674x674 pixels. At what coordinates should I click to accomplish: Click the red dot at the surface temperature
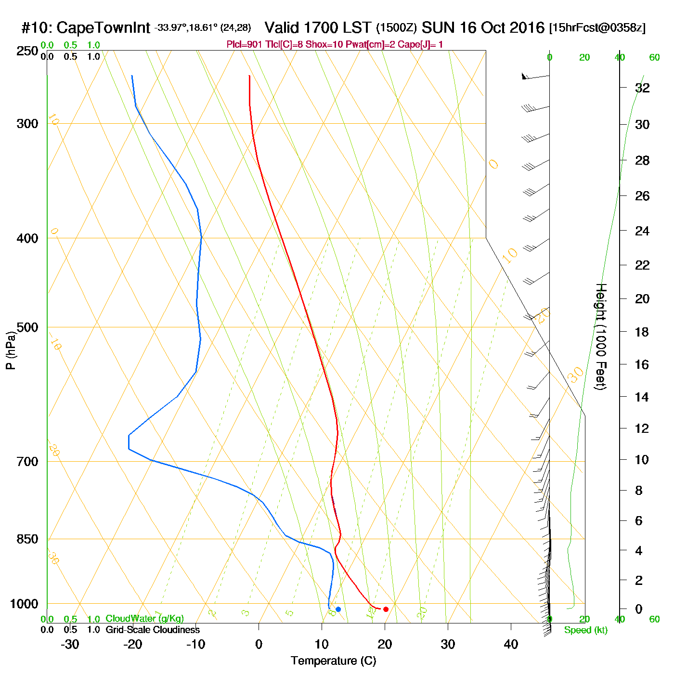click(x=386, y=609)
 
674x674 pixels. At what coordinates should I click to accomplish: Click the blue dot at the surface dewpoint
click(x=338, y=609)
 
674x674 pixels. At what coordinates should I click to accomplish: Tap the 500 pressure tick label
click(x=27, y=327)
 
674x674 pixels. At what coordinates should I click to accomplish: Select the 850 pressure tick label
click(x=27, y=539)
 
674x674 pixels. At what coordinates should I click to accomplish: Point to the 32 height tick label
click(x=642, y=88)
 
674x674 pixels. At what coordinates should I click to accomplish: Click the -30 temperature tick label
click(x=70, y=644)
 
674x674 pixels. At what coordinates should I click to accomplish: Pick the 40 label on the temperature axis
click(x=511, y=644)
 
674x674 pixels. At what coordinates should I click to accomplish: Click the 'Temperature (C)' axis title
click(x=333, y=661)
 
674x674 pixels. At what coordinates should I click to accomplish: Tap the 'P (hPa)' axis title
click(x=11, y=350)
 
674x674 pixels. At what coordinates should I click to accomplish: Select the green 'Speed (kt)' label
click(x=585, y=630)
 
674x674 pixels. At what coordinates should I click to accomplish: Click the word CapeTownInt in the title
click(x=104, y=28)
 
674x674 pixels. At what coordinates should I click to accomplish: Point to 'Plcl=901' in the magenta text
click(x=245, y=45)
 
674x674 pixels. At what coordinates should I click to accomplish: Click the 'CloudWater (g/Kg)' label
click(x=144, y=619)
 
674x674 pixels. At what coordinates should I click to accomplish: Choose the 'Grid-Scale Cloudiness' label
click(x=153, y=630)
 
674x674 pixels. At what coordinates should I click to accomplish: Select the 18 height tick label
click(x=642, y=332)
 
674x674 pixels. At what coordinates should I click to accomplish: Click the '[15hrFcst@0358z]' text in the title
click(x=597, y=28)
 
